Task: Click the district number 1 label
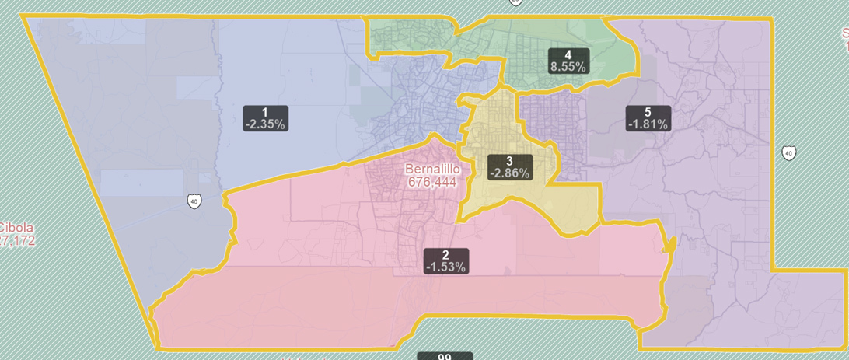[x=265, y=112]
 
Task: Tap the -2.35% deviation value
[x=265, y=124]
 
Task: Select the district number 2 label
[x=445, y=255]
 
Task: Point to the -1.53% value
[x=445, y=267]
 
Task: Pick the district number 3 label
[x=509, y=161]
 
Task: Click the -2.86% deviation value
[x=509, y=173]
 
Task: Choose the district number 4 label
[x=568, y=55]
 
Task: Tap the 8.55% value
[x=568, y=67]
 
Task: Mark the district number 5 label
[x=647, y=112]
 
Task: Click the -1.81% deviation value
[x=647, y=124]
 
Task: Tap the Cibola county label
[x=16, y=228]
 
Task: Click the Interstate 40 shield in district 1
[x=194, y=201]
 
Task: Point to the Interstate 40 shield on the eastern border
[x=788, y=152]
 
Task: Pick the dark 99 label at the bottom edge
[x=445, y=357]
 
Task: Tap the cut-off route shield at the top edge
[x=515, y=2]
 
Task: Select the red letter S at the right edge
[x=845, y=33]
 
